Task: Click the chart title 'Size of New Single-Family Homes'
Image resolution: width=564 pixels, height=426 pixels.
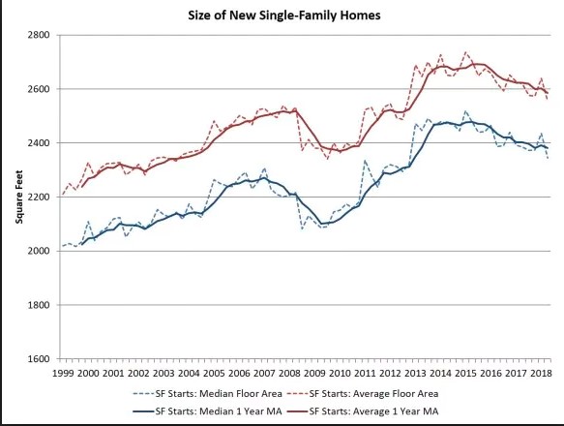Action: tap(282, 15)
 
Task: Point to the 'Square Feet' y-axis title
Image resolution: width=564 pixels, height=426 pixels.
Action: tap(18, 198)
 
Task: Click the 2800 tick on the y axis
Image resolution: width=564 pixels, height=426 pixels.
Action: tap(42, 35)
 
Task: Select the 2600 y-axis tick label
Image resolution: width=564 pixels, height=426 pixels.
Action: tap(42, 89)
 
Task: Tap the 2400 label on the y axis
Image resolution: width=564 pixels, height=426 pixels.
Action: tap(42, 143)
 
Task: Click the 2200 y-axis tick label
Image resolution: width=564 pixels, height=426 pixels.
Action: tap(42, 198)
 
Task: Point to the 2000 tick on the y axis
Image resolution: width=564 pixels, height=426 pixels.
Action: tap(42, 252)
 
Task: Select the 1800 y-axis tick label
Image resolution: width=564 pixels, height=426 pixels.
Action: tap(42, 306)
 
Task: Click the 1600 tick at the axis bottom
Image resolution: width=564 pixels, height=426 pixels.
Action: tap(42, 359)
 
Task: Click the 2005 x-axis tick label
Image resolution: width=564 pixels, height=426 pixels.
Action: tap(213, 373)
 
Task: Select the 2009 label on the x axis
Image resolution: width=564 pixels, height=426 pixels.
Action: tap(313, 373)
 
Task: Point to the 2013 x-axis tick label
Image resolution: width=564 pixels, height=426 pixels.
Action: tap(414, 373)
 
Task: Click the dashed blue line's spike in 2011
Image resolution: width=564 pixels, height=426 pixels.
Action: tap(365, 161)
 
